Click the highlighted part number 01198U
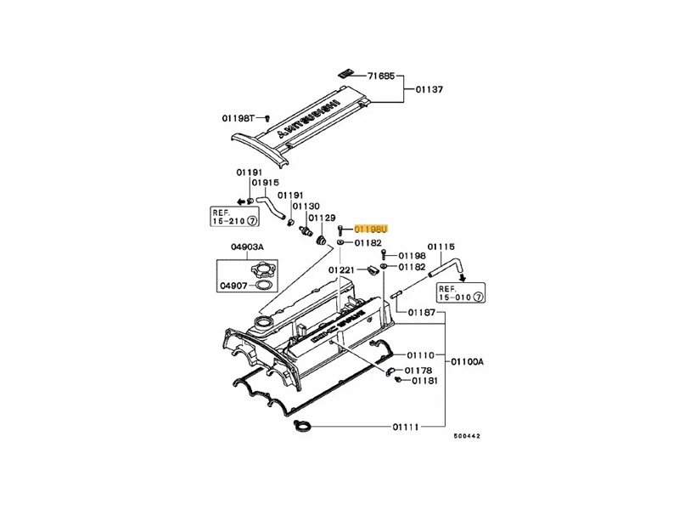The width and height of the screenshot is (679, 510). [370, 229]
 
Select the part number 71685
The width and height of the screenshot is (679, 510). [382, 76]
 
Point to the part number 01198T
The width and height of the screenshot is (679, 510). [238, 118]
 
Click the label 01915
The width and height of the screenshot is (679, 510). [264, 184]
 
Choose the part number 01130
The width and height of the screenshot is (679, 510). [306, 207]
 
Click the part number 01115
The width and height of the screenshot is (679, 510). [441, 246]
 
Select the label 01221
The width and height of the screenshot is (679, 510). [345, 269]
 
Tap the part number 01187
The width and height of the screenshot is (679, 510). [422, 313]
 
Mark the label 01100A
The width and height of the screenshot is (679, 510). [468, 360]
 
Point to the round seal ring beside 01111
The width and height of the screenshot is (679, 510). [300, 427]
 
